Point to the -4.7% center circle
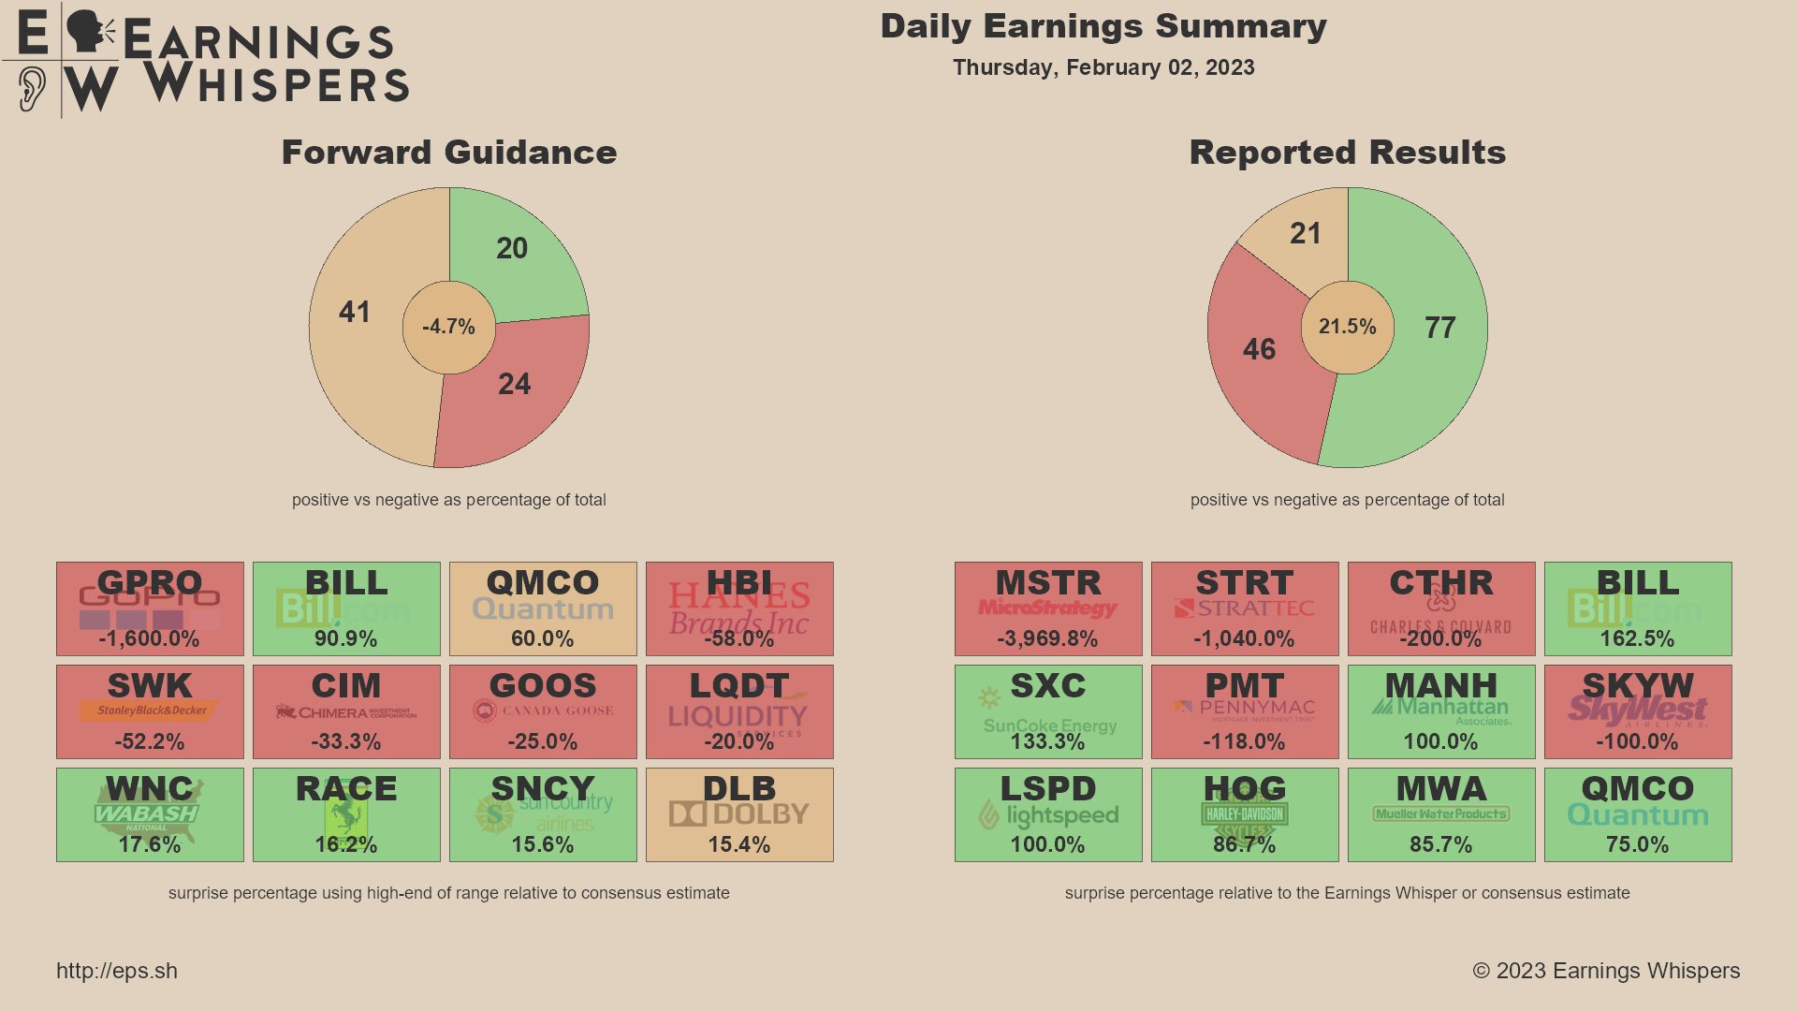pos(449,327)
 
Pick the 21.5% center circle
pos(1348,327)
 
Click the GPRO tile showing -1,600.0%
pos(150,608)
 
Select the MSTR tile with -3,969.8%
pos(1048,608)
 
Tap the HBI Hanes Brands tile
pos(739,608)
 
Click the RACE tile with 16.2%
pos(346,814)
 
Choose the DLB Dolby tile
pos(739,814)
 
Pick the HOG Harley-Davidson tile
pos(1245,814)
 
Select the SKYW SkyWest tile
pos(1638,711)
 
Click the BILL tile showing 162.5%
pos(1638,608)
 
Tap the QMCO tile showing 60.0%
pos(543,608)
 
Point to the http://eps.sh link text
pos(117,971)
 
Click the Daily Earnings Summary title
pos(1103,26)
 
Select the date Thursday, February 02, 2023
pos(1103,67)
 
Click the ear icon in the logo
pos(31,89)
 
